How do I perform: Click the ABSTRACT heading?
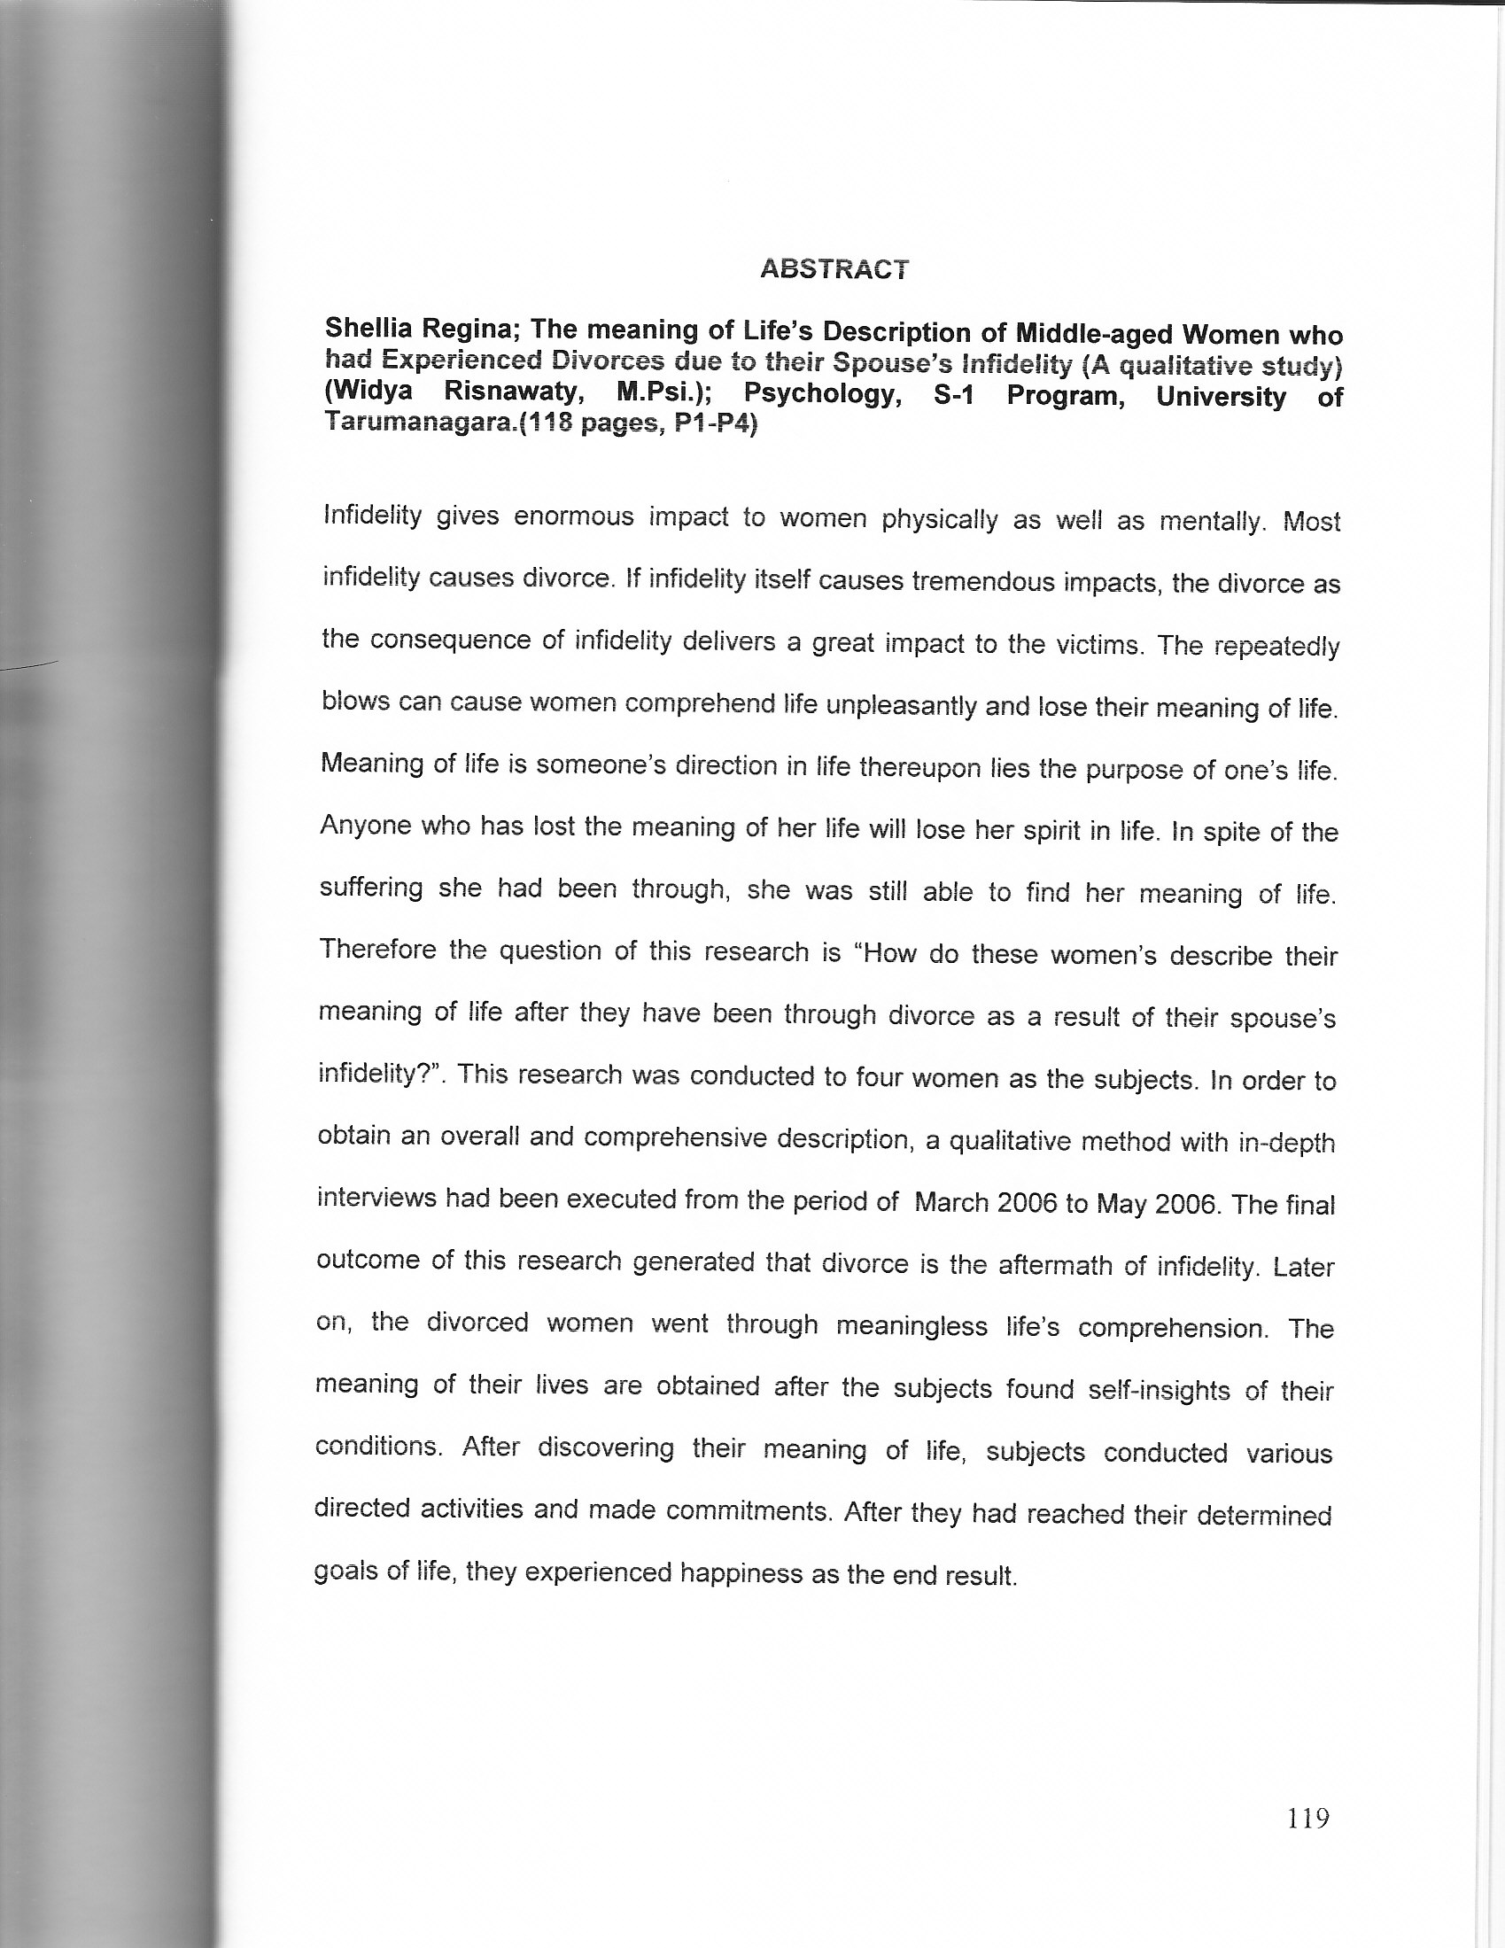click(x=834, y=268)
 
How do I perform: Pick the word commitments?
click(x=747, y=1511)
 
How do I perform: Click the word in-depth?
click(x=1286, y=1143)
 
